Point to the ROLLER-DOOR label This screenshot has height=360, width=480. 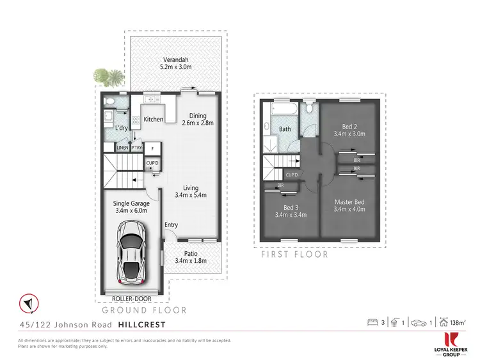pyautogui.click(x=131, y=298)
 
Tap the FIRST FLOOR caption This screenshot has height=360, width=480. pyautogui.click(x=296, y=254)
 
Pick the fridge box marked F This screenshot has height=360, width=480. pyautogui.click(x=152, y=149)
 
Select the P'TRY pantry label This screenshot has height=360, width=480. pyautogui.click(x=137, y=148)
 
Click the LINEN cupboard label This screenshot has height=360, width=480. pyautogui.click(x=122, y=148)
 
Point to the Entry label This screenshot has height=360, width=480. pyautogui.click(x=171, y=225)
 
